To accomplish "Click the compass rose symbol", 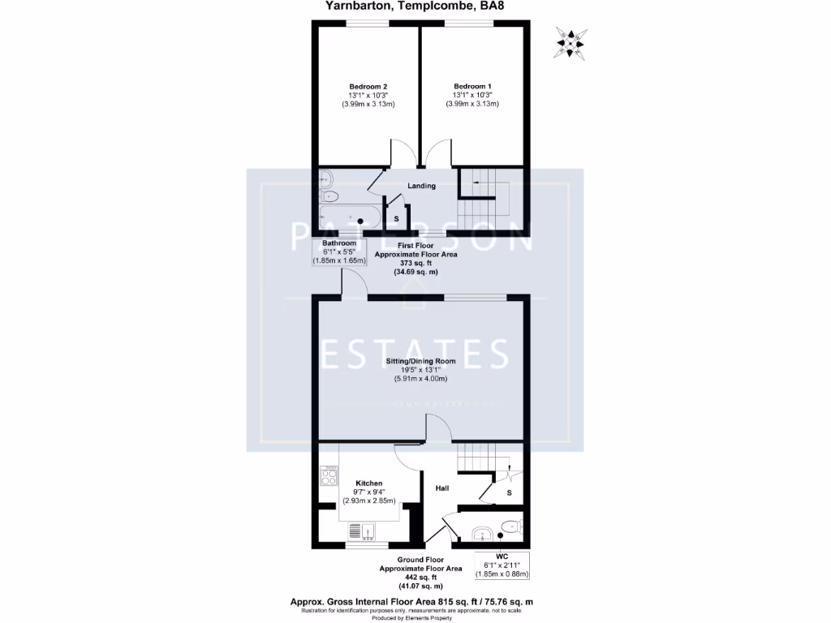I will point(571,42).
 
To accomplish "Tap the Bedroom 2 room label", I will point(368,87).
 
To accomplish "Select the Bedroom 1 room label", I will point(472,87).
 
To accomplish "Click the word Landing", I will point(421,186).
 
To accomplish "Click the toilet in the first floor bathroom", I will point(329,196).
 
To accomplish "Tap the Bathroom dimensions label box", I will point(339,251).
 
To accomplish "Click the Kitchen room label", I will point(368,483).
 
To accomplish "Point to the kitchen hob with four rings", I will point(329,475).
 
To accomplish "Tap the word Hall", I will point(442,488).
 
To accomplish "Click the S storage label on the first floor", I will point(396,219).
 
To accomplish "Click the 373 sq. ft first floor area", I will point(415,263).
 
